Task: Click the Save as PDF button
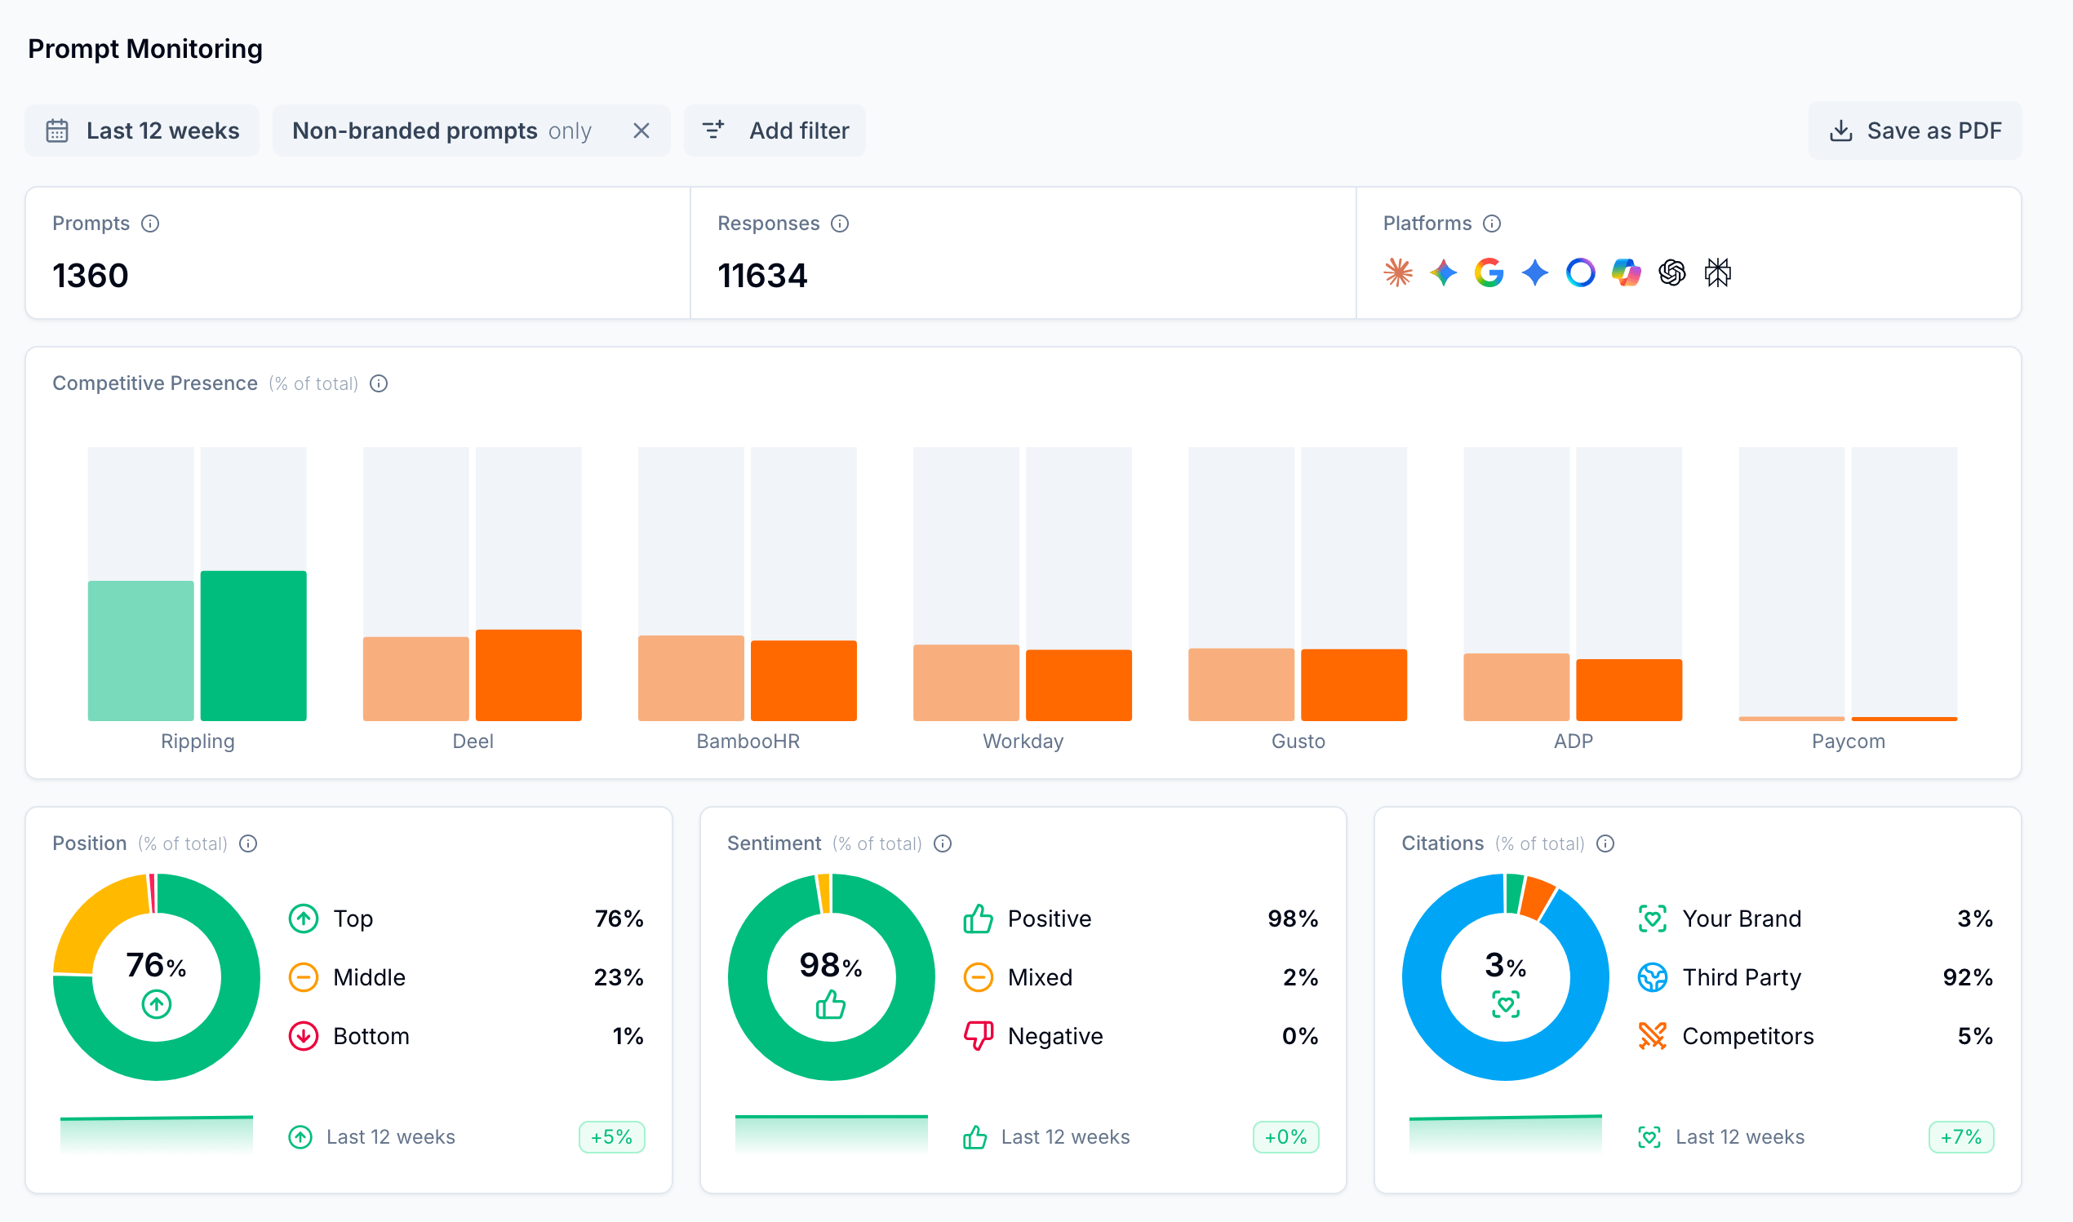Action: pos(1914,130)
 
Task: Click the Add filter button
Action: pos(775,130)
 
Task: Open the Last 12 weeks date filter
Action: pos(142,130)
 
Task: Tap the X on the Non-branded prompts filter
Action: pos(641,130)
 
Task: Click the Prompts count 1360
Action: pos(91,275)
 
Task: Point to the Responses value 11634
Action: pos(761,275)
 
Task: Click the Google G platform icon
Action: pos(1489,272)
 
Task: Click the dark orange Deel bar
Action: pos(528,675)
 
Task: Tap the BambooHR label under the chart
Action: pos(747,741)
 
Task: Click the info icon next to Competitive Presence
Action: pos(378,383)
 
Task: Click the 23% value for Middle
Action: pos(618,977)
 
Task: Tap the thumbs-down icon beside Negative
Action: pos(978,1035)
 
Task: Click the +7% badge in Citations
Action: pos(1960,1137)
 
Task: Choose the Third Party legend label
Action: pos(1741,977)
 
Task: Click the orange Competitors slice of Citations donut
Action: pos(1537,897)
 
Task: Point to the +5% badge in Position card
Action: pos(611,1137)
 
